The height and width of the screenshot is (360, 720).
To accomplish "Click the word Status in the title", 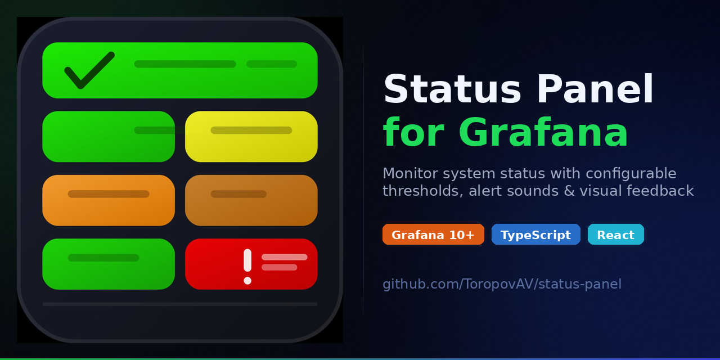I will pyautogui.click(x=452, y=90).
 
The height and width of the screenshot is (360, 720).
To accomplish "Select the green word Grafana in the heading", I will pyautogui.click(x=543, y=134).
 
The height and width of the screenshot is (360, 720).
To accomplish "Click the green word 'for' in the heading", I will pyautogui.click(x=413, y=134).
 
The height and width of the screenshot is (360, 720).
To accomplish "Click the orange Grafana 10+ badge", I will pyautogui.click(x=433, y=235).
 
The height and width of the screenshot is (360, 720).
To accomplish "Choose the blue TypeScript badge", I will pyautogui.click(x=535, y=235).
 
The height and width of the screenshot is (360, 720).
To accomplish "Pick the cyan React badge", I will pyautogui.click(x=615, y=235).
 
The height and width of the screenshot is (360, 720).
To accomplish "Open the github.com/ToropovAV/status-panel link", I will pyautogui.click(x=502, y=284).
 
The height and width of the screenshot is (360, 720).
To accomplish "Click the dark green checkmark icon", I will pyautogui.click(x=89, y=70).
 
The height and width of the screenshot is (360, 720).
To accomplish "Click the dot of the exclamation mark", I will pyautogui.click(x=247, y=281).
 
